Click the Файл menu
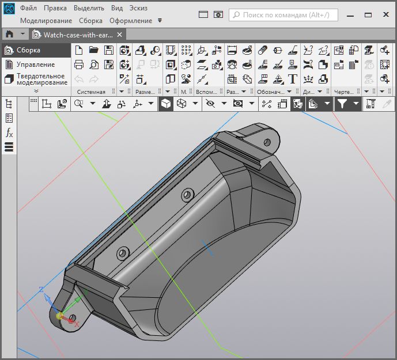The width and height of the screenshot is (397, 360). pos(28,8)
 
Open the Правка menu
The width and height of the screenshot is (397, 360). pos(55,8)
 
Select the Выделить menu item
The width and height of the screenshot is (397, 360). pos(89,8)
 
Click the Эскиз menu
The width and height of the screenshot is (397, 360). pos(138,8)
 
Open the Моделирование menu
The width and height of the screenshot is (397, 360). pos(46,21)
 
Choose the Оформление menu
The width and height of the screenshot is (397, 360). pos(131,21)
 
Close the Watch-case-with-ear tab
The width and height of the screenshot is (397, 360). pos(120,35)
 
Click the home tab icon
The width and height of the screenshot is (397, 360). pos(9,35)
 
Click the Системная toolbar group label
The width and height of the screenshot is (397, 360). pos(91,92)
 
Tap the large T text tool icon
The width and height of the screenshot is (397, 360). pos(293,78)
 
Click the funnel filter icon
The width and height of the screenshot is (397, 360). pos(342,104)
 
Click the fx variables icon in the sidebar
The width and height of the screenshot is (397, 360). pos(9,133)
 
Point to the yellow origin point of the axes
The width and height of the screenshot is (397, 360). pos(59,316)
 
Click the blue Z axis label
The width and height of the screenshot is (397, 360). pos(41,290)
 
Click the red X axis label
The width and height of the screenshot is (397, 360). pos(76,325)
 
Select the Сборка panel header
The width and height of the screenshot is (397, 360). pos(28,50)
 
